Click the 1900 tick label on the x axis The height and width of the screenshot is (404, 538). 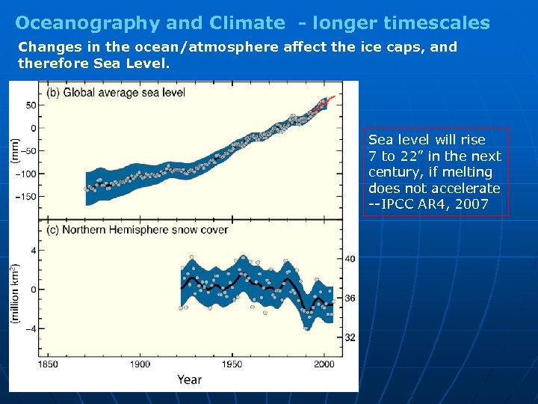coord(140,364)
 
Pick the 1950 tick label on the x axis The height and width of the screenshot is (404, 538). coord(232,364)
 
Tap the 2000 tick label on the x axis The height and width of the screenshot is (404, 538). coord(324,364)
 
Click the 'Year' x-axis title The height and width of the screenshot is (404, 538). coord(189,379)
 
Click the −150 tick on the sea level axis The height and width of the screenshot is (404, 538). coord(25,197)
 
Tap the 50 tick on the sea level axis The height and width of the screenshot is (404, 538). coord(30,105)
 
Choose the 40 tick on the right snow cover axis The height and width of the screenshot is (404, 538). coord(350,259)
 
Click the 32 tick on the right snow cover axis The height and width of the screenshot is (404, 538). coord(350,338)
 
